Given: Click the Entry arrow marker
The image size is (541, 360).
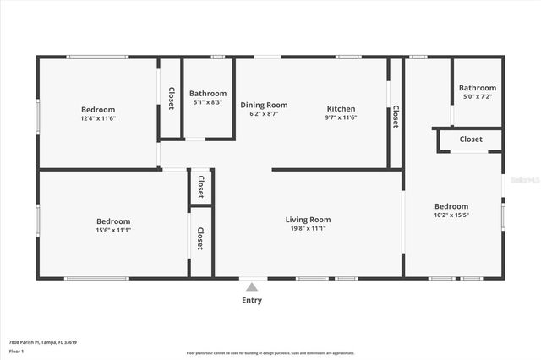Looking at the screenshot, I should pos(251,286).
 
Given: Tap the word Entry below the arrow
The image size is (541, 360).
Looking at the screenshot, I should pos(251,300).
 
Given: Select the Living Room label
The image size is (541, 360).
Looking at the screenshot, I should pos(308,219).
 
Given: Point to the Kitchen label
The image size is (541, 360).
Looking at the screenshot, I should pos(341,109).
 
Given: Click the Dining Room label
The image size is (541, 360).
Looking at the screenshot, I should pos(265,105).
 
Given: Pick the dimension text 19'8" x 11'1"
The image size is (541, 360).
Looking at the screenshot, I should pos(308,228).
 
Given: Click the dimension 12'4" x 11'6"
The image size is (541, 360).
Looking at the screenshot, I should pos(98,118).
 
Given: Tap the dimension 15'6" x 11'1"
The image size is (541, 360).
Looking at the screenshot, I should pos(113,230).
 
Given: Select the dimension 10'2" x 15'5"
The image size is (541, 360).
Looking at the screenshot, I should pos(451,215).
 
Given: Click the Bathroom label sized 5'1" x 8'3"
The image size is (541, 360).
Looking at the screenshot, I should pos(207,93).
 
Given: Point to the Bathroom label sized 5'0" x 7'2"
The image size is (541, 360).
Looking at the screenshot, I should pos(478,88).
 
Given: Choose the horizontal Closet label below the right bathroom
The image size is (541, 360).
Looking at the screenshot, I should pos(471,139).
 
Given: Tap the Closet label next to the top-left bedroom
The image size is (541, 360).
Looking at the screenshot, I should pos(171,99).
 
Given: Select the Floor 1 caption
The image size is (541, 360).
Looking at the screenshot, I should pos(16,350).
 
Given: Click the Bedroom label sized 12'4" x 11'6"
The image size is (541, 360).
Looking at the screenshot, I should pos(98,109).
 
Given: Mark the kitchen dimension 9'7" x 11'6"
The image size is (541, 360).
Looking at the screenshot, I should pos(341,118).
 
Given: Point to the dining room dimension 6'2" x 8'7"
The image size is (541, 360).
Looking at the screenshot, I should pos(265,113).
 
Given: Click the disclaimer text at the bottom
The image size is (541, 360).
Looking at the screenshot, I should pos(270,352).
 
